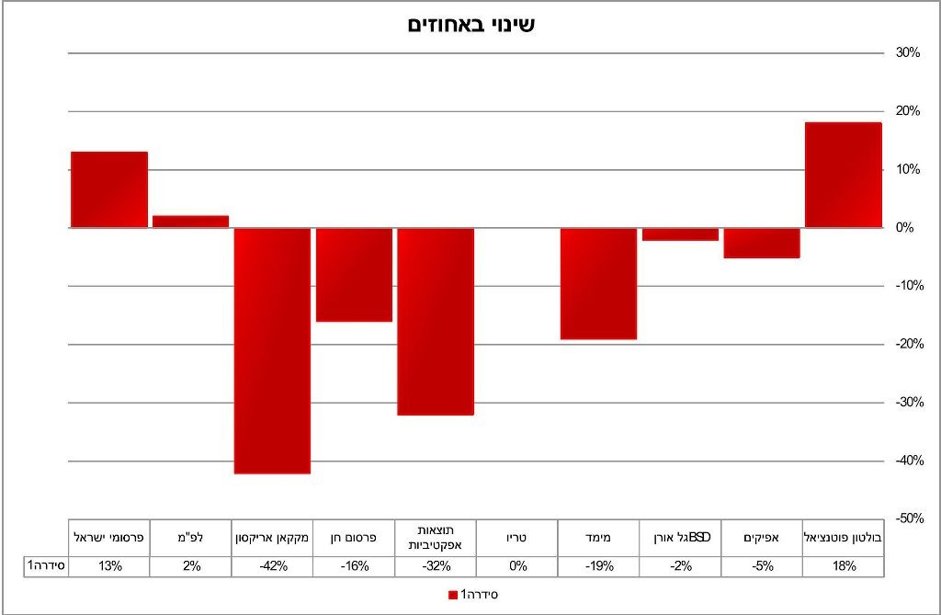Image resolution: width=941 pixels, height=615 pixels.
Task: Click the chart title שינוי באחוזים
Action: coord(470,25)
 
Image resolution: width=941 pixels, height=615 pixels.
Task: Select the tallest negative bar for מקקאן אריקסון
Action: coord(272,350)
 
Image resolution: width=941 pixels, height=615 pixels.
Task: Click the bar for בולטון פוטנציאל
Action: coord(843,175)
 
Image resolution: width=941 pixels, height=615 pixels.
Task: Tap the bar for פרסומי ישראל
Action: coord(109,189)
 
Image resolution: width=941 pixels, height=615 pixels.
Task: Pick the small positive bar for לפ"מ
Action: coord(190,222)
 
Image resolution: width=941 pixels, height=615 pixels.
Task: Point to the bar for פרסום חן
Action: coord(354,275)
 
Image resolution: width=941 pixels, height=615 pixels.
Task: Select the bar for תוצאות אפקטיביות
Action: coord(436,322)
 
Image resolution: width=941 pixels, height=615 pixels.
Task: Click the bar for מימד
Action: coord(598,284)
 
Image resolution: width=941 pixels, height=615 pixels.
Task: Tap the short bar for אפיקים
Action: coord(761,243)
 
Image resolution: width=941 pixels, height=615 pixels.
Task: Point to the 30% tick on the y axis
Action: coord(908,53)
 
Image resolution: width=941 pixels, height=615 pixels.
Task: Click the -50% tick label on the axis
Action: coord(907,518)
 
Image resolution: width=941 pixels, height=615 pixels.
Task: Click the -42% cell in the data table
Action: coord(272,566)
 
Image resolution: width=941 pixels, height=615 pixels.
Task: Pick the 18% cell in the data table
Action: coord(843,566)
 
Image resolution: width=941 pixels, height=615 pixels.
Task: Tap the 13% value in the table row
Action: coord(109,566)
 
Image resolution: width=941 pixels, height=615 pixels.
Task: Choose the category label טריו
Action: coord(516,537)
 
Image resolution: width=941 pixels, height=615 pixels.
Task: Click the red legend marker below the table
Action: coord(452,595)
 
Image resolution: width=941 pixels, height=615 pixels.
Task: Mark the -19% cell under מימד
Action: coord(598,566)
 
